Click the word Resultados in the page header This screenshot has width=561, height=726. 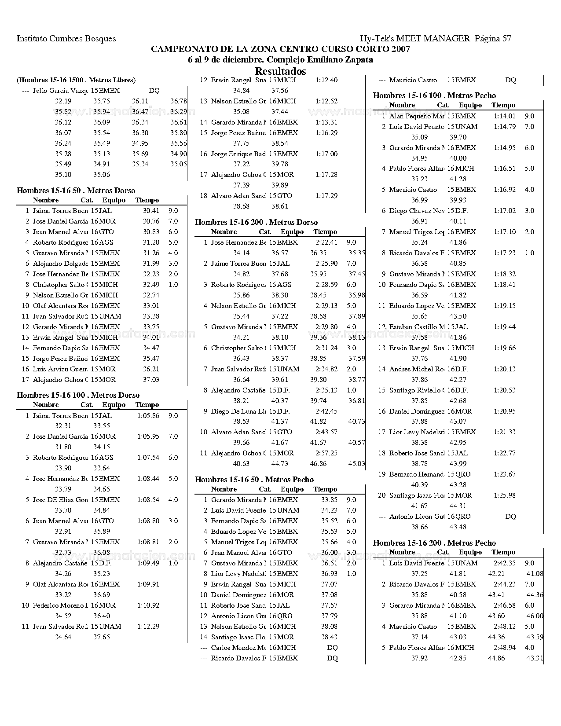point(280,71)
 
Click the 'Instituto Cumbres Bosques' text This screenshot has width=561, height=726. point(66,39)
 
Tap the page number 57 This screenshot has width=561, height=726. point(506,39)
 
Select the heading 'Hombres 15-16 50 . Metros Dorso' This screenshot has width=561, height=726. point(76,191)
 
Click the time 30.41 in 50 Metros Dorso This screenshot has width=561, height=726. point(151,211)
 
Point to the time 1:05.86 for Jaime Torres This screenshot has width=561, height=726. point(148,415)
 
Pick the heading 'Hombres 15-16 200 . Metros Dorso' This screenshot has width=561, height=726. point(256,222)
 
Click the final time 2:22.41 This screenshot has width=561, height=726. point(326,242)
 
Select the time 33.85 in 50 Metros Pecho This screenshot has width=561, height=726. point(329,500)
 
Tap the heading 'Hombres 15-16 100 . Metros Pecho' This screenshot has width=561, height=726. point(434,95)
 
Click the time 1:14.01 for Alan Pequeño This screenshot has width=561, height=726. point(504,116)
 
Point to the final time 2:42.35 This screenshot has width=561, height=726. point(504,563)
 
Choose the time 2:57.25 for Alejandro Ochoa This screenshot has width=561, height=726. point(326,453)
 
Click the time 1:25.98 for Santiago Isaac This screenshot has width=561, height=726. point(504,495)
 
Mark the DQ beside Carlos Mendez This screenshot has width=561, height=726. point(333,648)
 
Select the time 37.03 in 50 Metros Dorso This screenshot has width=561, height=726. point(151,380)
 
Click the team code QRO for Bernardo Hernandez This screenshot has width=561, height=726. point(462,474)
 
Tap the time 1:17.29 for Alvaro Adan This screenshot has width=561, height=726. point(326,196)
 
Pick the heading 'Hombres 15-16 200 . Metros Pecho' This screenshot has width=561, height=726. point(434,543)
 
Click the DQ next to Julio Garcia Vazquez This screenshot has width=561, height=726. point(154,91)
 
